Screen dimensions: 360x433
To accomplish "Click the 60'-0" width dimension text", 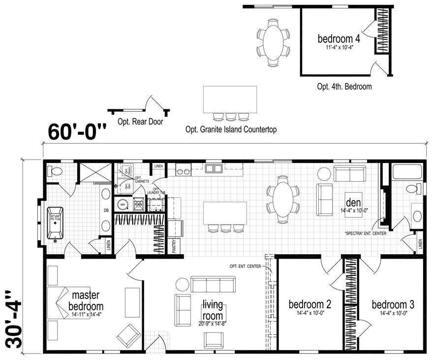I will pos(78,132).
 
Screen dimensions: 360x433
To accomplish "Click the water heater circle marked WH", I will pos(124,203).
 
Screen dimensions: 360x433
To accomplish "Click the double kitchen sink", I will pos(214,169).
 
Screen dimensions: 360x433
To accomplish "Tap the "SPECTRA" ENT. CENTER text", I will pos(365,233).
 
